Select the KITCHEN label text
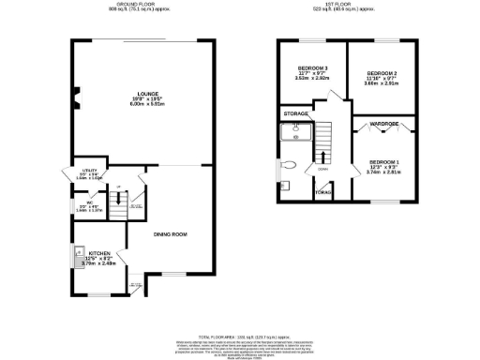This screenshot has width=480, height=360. click(99, 253)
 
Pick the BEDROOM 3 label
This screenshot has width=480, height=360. click(312, 68)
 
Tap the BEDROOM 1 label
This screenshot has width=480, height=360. click(384, 161)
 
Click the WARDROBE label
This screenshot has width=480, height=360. click(385, 122)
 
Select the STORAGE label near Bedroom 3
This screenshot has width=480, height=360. click(296, 113)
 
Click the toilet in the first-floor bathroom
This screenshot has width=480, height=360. click(292, 165)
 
